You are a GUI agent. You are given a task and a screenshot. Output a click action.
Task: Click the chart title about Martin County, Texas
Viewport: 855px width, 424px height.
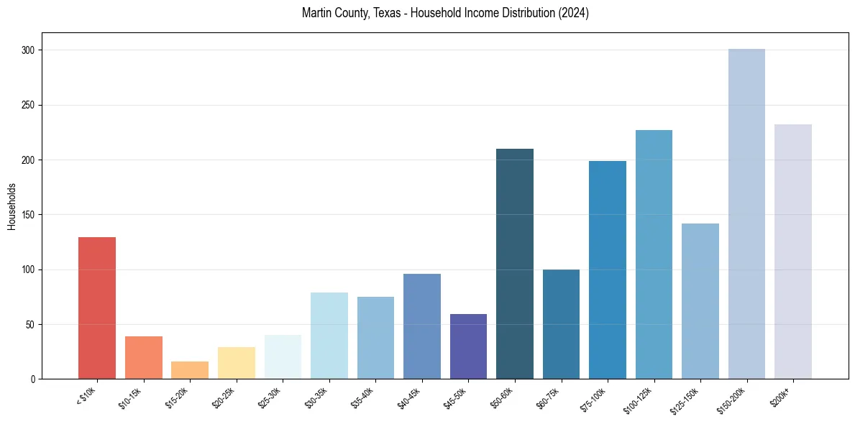tap(445, 13)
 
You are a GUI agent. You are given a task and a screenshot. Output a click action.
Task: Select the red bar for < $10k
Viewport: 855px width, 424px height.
tap(97, 308)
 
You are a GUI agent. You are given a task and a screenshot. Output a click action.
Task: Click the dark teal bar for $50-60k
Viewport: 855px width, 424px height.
tap(515, 264)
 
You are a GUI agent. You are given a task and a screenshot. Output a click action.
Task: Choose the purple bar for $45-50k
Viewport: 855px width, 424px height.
tap(468, 346)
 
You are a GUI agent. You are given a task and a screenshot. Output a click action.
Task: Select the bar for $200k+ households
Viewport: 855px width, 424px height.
tap(793, 252)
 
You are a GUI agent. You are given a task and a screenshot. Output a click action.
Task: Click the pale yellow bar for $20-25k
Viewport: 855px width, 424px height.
tap(237, 363)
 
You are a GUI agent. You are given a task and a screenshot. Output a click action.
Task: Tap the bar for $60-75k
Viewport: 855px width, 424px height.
tap(561, 324)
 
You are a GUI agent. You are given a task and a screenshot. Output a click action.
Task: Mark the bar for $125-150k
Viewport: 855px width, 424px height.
tap(700, 301)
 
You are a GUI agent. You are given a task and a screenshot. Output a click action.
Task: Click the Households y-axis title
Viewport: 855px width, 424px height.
tap(12, 206)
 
